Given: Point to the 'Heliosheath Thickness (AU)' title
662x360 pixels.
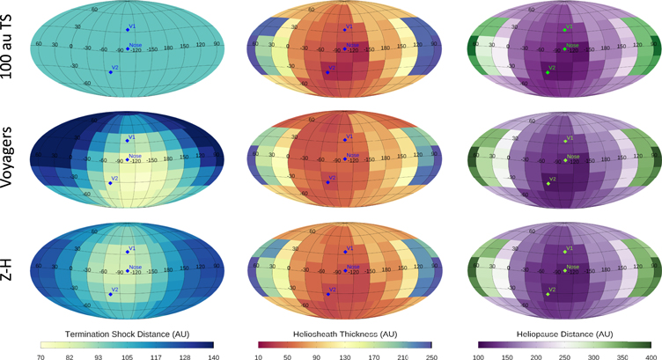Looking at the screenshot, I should click(x=345, y=334).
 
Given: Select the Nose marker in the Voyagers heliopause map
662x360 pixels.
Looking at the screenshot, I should click(x=564, y=160).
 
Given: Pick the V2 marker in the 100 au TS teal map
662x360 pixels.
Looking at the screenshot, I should click(x=109, y=70).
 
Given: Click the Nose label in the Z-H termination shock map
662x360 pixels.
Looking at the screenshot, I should click(x=136, y=267).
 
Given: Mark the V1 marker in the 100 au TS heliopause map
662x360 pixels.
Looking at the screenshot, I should click(x=564, y=30).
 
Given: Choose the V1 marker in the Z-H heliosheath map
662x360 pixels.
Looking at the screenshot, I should click(x=345, y=253).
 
